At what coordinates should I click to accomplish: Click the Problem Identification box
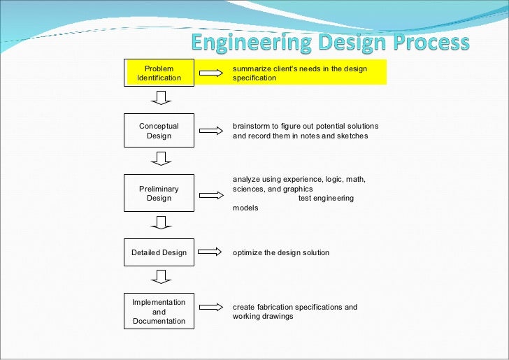click(159, 73)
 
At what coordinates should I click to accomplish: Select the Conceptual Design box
click(159, 131)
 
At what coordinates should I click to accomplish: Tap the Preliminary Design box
click(159, 193)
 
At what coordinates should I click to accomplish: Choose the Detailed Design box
click(159, 252)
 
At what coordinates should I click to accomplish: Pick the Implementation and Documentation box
click(159, 312)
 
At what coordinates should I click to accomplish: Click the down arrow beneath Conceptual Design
click(161, 159)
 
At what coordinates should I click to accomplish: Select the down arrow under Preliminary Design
click(161, 222)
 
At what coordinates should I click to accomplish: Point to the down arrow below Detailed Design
click(161, 278)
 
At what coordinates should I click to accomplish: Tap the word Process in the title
click(428, 43)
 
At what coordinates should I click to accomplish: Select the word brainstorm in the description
click(252, 127)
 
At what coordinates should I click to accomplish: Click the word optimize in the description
click(248, 252)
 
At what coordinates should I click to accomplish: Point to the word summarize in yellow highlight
click(251, 69)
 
